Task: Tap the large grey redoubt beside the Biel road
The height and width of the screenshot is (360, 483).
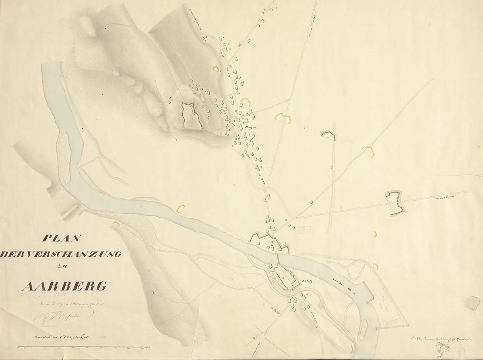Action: (394, 204)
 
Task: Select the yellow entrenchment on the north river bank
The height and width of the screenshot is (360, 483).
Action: (181, 208)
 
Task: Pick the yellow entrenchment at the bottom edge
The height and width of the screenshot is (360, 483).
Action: (353, 349)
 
